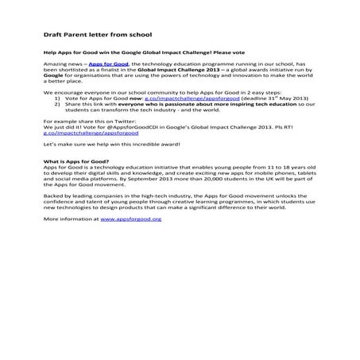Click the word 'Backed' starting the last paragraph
(x=52, y=225)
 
